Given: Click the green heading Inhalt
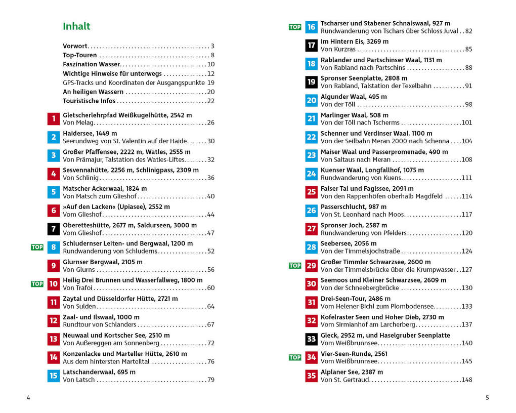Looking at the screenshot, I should click(x=76, y=26).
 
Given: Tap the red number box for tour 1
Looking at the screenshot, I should click(x=53, y=119).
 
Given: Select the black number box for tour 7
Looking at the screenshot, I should click(x=53, y=229).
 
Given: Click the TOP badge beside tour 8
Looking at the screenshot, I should click(x=37, y=247).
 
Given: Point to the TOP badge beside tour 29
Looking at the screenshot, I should click(x=295, y=265).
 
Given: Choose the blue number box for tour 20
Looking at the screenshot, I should click(x=311, y=100).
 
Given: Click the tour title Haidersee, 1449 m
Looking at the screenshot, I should click(x=90, y=133).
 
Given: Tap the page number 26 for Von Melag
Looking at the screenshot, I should click(x=210, y=122).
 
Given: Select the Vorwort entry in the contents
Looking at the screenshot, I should click(x=75, y=46).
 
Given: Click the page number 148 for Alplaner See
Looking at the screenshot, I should click(x=466, y=380).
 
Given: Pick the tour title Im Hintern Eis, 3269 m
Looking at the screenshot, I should click(x=355, y=42).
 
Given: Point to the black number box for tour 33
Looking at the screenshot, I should click(x=311, y=339).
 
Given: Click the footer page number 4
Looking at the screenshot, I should click(x=28, y=397).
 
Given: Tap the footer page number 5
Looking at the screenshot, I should click(x=487, y=397).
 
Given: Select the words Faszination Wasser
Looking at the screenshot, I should click(x=92, y=64).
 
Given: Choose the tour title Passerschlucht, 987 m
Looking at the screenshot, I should click(x=354, y=206).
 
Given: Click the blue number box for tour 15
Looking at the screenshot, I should click(x=53, y=376).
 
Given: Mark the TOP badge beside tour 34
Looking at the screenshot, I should click(x=295, y=357).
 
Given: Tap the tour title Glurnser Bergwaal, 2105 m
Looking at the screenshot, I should click(x=103, y=262).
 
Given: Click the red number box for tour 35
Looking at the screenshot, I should click(x=311, y=376).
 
